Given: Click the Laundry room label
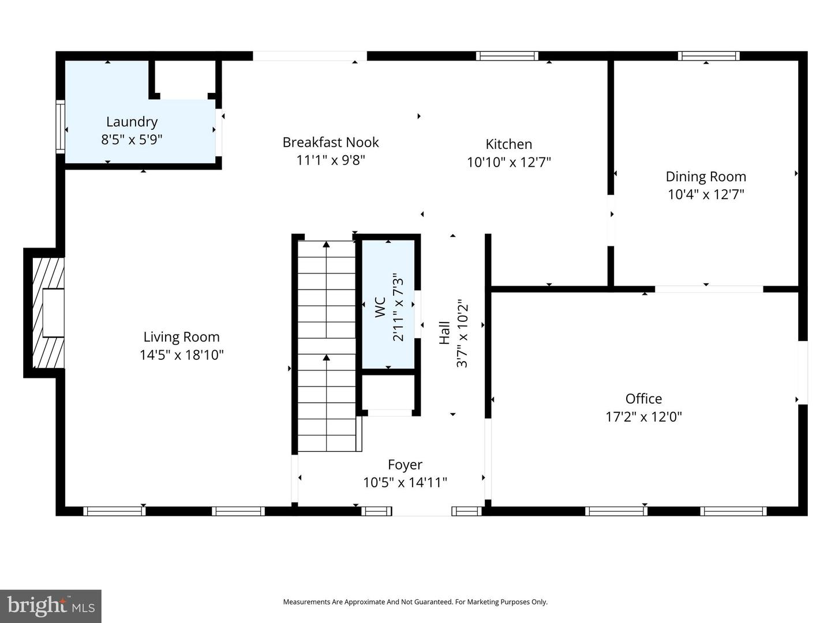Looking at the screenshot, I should coord(132,122).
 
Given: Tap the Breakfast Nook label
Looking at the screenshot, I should coord(331,142).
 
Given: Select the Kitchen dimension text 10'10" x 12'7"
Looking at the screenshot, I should coord(508,162).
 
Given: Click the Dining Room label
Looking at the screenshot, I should coord(705,177).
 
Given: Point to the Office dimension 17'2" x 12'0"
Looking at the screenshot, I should coord(643,416).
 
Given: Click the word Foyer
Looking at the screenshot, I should coord(405,464).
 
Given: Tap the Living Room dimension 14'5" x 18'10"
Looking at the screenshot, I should coord(181,355).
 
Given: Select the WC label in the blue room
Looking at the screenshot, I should coord(380,307).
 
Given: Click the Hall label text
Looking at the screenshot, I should coord(444,333).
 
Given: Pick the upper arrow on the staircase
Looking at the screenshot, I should coord(326,245).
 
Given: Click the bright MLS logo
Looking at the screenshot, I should coord(51,606).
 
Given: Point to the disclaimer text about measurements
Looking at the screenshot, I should coord(415,602).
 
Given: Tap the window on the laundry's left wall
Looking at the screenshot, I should coord(60,127).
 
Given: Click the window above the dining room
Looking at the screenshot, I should coord(708,56).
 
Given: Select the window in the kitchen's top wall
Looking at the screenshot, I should coord(507,56).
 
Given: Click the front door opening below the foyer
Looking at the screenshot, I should coord(421,511).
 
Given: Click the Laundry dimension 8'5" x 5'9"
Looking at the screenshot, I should coord(132,140).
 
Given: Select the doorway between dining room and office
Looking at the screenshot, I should coord(709,288).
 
